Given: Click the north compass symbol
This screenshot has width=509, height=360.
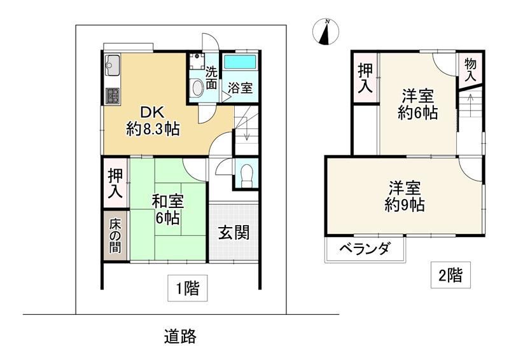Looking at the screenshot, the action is point(326,32).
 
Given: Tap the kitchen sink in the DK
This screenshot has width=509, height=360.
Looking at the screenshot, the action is point(113,66).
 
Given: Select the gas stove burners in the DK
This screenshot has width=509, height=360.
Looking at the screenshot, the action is point(113,96).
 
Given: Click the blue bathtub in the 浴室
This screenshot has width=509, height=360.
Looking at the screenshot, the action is point(240,62).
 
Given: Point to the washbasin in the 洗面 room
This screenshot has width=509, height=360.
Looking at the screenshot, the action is point(197,88).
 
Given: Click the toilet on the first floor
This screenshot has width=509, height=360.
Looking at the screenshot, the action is point(247,176).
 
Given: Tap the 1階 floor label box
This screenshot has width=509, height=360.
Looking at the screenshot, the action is point(187,288).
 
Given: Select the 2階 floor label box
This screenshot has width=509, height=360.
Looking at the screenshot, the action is point(450,275).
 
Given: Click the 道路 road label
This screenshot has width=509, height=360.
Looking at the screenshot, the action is point(180,336).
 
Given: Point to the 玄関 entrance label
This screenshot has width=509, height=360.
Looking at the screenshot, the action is point(234,232).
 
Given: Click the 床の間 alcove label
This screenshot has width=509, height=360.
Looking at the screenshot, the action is point(115,236).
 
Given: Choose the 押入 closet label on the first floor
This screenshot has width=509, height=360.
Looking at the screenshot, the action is point(115,183).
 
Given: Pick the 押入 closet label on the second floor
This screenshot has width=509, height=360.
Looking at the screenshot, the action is point(365,78).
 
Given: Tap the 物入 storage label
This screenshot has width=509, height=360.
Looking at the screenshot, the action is point(470,70).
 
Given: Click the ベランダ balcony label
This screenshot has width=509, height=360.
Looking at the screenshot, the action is point(364,249).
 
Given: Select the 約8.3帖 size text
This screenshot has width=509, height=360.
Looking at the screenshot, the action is point(153,129).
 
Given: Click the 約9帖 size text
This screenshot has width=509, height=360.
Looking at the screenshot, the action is point(405,205).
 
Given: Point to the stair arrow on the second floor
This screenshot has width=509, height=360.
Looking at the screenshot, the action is point(470,104).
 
